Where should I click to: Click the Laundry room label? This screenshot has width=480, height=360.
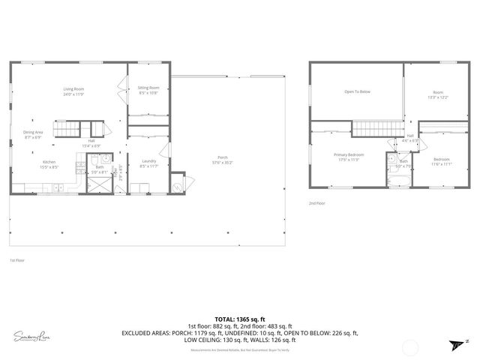148,163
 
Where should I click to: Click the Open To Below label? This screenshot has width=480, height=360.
357,92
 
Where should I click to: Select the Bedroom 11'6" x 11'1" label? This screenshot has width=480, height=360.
442,160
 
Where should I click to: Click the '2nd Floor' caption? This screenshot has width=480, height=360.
316,203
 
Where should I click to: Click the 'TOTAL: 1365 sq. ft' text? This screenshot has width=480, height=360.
239,319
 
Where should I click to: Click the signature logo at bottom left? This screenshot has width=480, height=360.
31,337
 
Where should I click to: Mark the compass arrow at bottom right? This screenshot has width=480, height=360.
456,343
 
